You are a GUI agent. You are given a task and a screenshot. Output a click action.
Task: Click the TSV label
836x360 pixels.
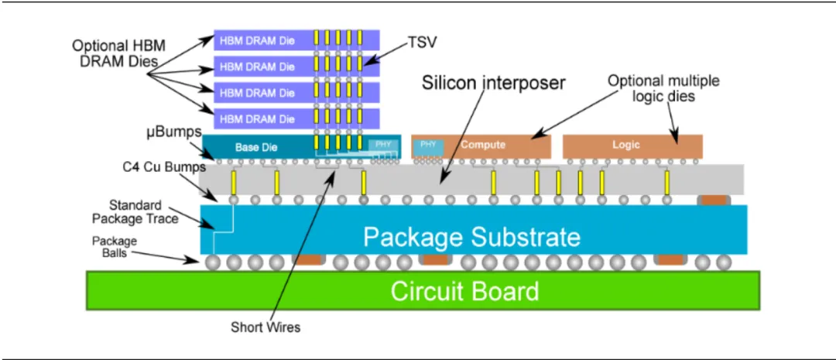423,43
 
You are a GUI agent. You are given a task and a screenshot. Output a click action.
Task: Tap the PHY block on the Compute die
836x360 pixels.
428,145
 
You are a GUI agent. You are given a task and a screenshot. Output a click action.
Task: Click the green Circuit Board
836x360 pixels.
464,292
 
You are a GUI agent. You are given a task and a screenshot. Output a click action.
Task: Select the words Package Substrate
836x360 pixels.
471,237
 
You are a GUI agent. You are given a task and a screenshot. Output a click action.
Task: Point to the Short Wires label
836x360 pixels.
266,327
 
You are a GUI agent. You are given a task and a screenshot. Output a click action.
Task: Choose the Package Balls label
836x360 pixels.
115,247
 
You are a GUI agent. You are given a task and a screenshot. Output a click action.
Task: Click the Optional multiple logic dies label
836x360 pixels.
663,87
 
